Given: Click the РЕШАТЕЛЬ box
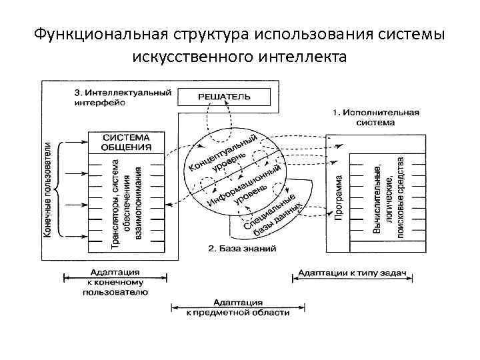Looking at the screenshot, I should tap(225, 96).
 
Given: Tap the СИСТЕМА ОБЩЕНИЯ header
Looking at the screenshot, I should tap(126, 141).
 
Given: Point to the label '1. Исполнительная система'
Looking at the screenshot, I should tap(375, 117).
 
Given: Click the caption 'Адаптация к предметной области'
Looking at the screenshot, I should tap(237, 307).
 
